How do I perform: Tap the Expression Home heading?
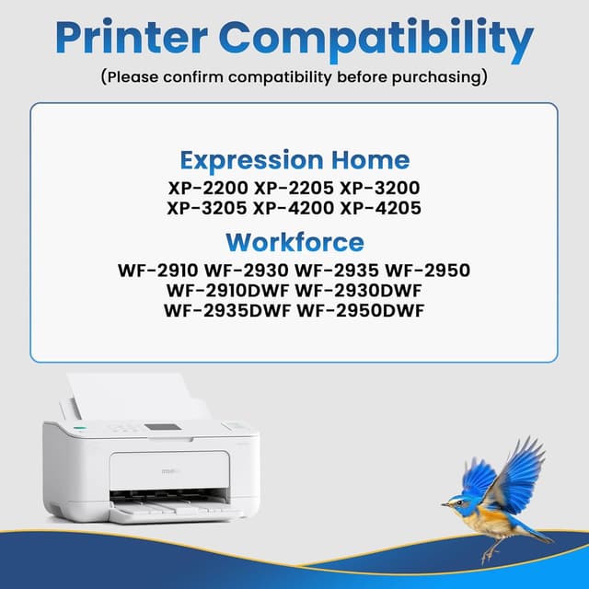pyautogui.click(x=294, y=159)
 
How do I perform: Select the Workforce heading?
pyautogui.click(x=294, y=242)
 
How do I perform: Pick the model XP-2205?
pyautogui.click(x=294, y=188)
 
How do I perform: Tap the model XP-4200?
pyautogui.click(x=294, y=208)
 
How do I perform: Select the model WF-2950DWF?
pyautogui.click(x=361, y=310)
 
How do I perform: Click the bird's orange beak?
pyautogui.click(x=445, y=503)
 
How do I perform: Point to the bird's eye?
pyautogui.click(x=456, y=501)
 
